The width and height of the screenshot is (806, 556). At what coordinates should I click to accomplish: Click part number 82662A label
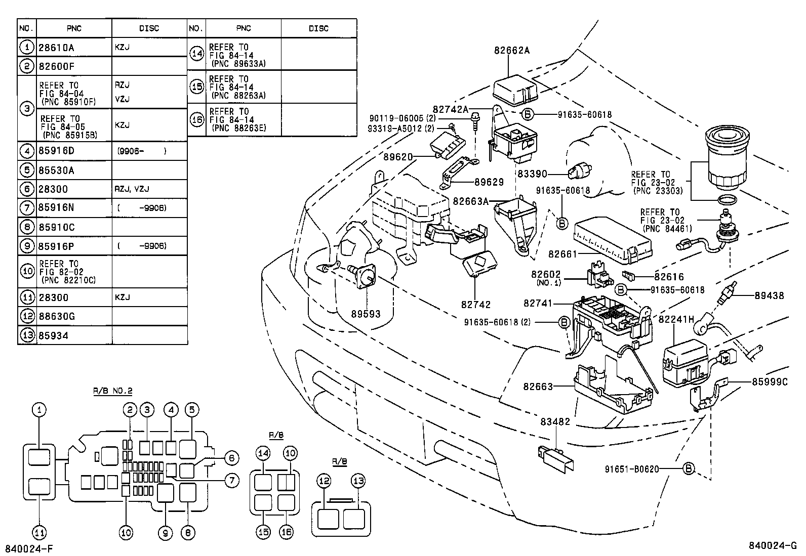[x=512, y=50]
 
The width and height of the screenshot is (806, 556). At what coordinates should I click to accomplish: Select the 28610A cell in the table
[x=56, y=48]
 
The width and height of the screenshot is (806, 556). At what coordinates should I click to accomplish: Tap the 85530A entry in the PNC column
[x=56, y=170]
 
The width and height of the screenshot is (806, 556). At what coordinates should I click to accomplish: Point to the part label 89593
[x=366, y=314]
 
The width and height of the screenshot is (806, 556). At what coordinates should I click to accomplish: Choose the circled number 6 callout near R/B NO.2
[x=230, y=458]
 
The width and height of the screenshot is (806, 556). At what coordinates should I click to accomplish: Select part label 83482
[x=555, y=421]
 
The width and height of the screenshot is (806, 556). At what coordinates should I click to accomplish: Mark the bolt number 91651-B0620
[x=631, y=469]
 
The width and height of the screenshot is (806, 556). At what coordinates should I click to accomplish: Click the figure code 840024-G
[x=773, y=546]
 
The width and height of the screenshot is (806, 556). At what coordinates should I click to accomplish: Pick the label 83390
[x=532, y=174]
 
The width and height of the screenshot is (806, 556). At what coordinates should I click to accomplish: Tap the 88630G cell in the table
[x=57, y=317]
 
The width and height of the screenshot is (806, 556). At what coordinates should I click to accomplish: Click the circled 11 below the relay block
[x=39, y=532]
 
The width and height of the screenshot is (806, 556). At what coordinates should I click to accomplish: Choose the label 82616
[x=668, y=277]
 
